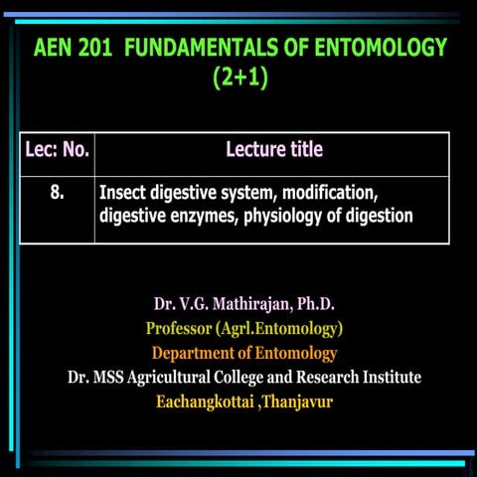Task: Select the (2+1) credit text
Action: click(x=240, y=78)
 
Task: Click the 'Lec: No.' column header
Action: click(x=57, y=151)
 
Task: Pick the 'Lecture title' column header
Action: click(x=274, y=150)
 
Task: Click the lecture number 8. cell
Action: click(x=57, y=193)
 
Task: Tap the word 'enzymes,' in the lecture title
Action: click(x=193, y=215)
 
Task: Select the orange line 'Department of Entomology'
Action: click(x=243, y=352)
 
